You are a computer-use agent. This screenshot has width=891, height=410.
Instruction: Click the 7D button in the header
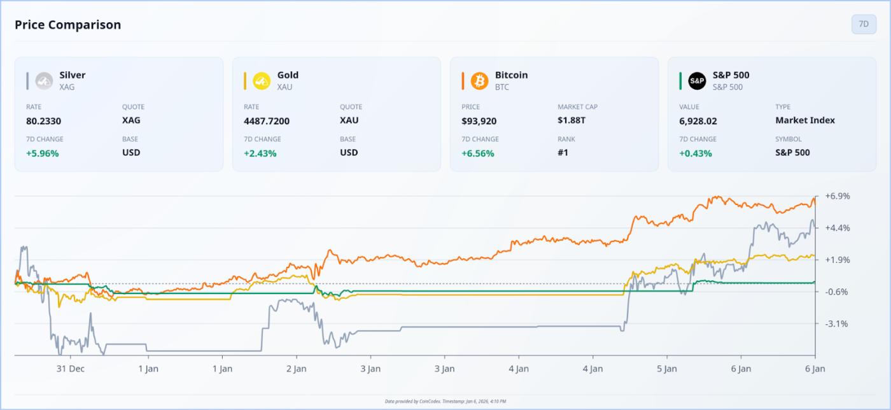(x=864, y=24)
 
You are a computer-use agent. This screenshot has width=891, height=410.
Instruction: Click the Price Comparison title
(x=67, y=25)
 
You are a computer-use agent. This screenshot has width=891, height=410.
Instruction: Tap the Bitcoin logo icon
(x=479, y=81)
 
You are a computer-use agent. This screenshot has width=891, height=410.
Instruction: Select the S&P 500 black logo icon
(x=697, y=81)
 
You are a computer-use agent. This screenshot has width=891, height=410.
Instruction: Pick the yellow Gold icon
(x=262, y=81)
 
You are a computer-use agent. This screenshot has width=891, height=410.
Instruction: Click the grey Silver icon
(x=44, y=81)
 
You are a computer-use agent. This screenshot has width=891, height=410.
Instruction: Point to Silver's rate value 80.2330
(x=44, y=120)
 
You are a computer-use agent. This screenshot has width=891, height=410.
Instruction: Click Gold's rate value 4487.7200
(x=267, y=120)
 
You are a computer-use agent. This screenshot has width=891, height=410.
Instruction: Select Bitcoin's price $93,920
(x=479, y=120)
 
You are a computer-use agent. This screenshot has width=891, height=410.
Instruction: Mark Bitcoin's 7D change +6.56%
(x=477, y=153)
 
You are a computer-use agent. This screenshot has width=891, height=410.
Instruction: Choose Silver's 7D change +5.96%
(x=42, y=153)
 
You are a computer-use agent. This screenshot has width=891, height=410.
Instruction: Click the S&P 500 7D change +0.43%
(x=695, y=153)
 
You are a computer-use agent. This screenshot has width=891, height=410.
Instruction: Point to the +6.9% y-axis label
(x=837, y=196)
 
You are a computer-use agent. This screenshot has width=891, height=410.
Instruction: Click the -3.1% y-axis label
(x=836, y=323)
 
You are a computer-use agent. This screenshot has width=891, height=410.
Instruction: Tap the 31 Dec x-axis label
(x=70, y=369)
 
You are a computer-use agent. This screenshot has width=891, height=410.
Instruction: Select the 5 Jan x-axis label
(x=666, y=369)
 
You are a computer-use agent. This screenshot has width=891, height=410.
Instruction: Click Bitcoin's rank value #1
(x=563, y=153)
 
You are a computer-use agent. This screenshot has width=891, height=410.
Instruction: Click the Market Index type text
(x=805, y=120)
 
